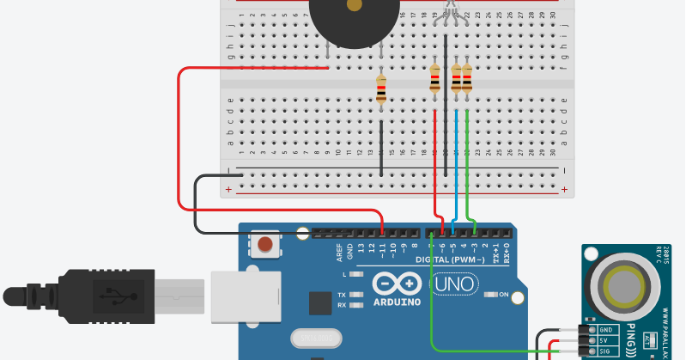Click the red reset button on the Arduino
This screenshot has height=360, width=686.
click(x=267, y=246)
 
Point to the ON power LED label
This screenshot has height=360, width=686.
click(x=504, y=295)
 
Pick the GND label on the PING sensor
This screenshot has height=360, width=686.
click(x=606, y=329)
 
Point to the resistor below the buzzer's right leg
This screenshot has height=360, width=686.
click(x=382, y=88)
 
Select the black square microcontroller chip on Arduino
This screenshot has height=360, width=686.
click(x=320, y=303)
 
